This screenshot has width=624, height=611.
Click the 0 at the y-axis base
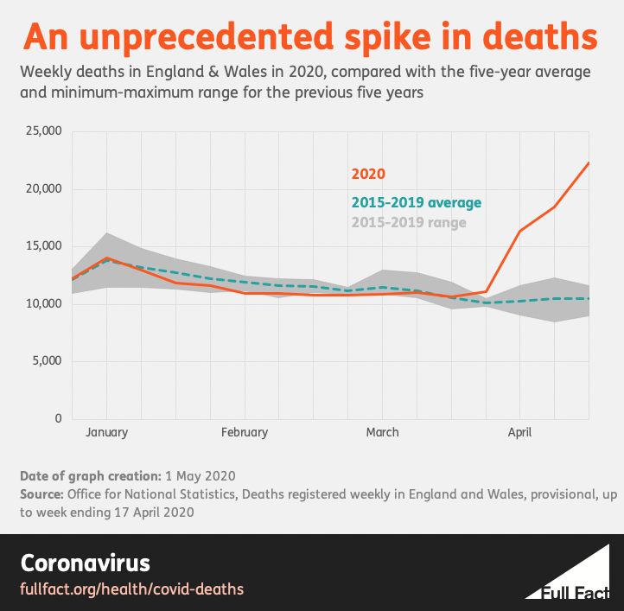(x=58, y=418)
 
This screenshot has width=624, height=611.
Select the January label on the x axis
(x=106, y=432)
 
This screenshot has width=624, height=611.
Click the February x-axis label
(x=244, y=432)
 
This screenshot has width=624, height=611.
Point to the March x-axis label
(x=382, y=432)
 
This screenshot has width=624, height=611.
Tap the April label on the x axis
(x=519, y=432)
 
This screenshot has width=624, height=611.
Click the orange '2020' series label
(x=368, y=175)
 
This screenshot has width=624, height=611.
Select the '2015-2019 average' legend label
(x=416, y=203)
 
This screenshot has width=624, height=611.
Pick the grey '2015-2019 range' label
(x=409, y=222)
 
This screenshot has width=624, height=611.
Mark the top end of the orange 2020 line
(x=589, y=162)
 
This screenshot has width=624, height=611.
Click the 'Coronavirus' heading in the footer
(x=85, y=563)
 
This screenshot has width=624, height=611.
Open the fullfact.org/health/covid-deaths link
(x=131, y=589)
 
